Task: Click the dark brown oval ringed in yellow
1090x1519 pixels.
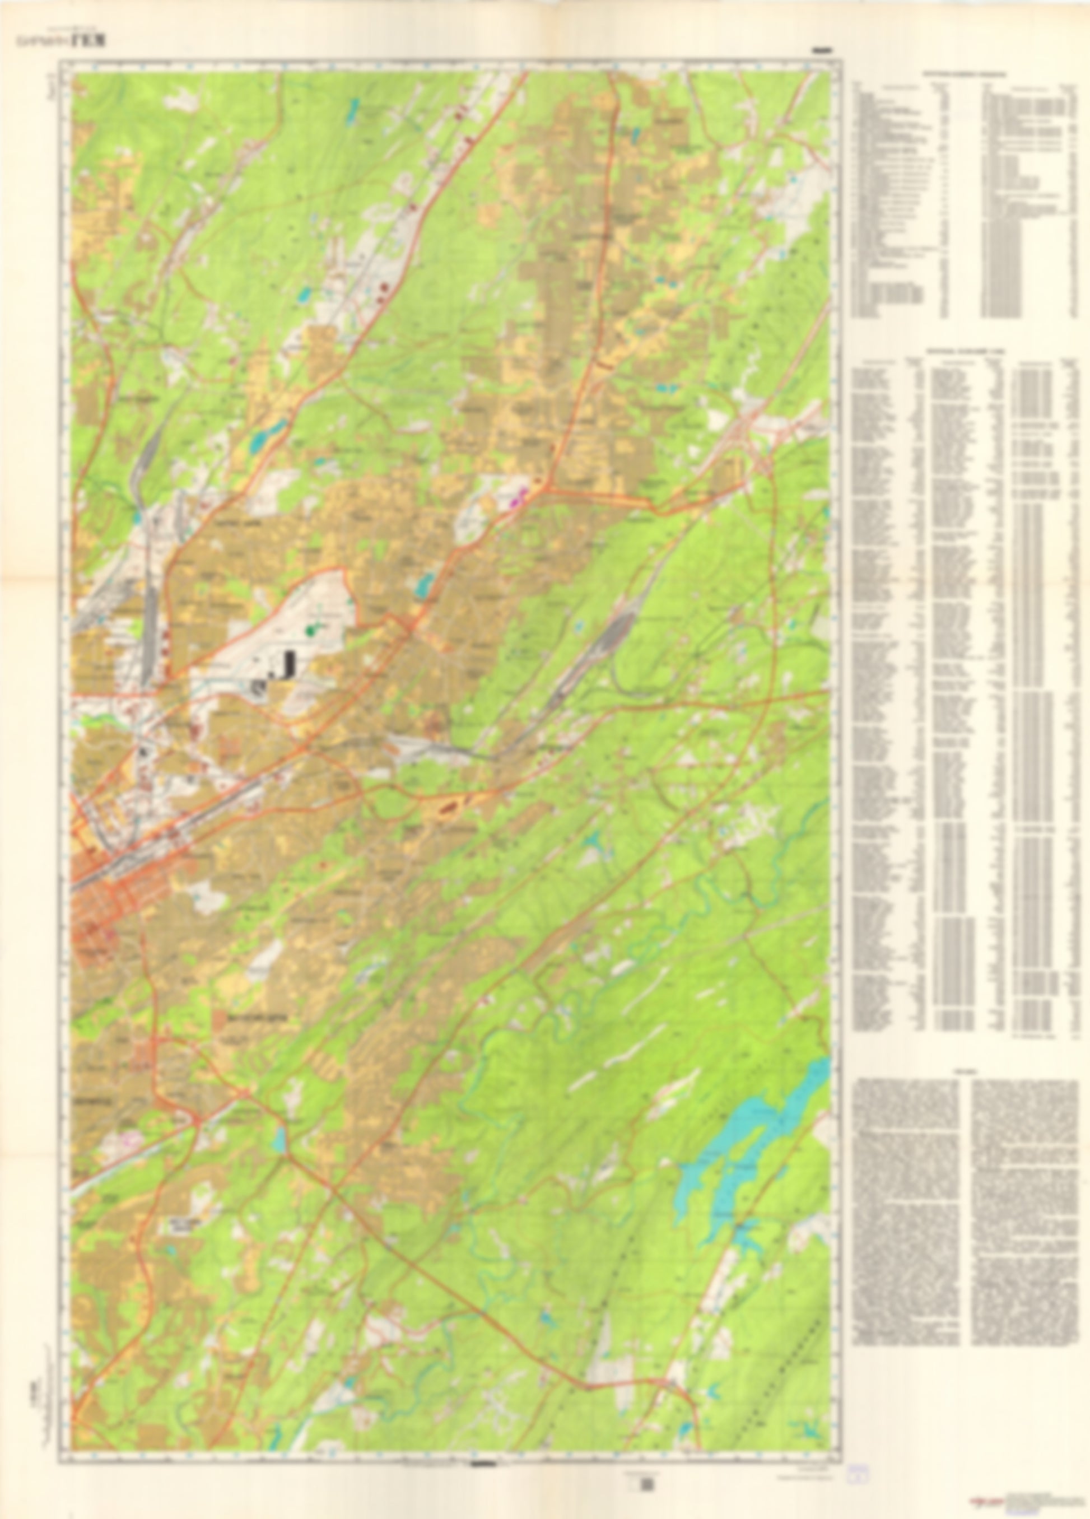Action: click(x=448, y=808)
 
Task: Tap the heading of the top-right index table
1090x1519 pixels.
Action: click(x=965, y=74)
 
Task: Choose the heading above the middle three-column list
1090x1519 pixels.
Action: click(x=965, y=350)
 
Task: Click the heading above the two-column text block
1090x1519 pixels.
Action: click(x=965, y=1072)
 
